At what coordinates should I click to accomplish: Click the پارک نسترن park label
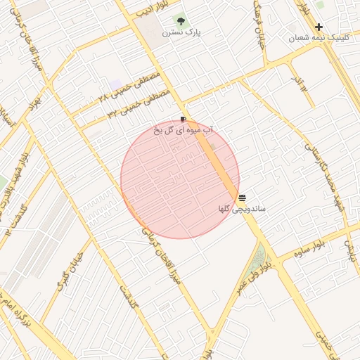(x=182, y=32)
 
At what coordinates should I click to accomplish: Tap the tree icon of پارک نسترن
(x=181, y=21)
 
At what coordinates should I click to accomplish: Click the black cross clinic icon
(x=319, y=27)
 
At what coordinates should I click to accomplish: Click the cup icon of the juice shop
(x=184, y=120)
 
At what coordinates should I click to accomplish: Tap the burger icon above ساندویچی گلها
(x=242, y=198)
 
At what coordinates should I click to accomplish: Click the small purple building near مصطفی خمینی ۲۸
(x=115, y=85)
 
